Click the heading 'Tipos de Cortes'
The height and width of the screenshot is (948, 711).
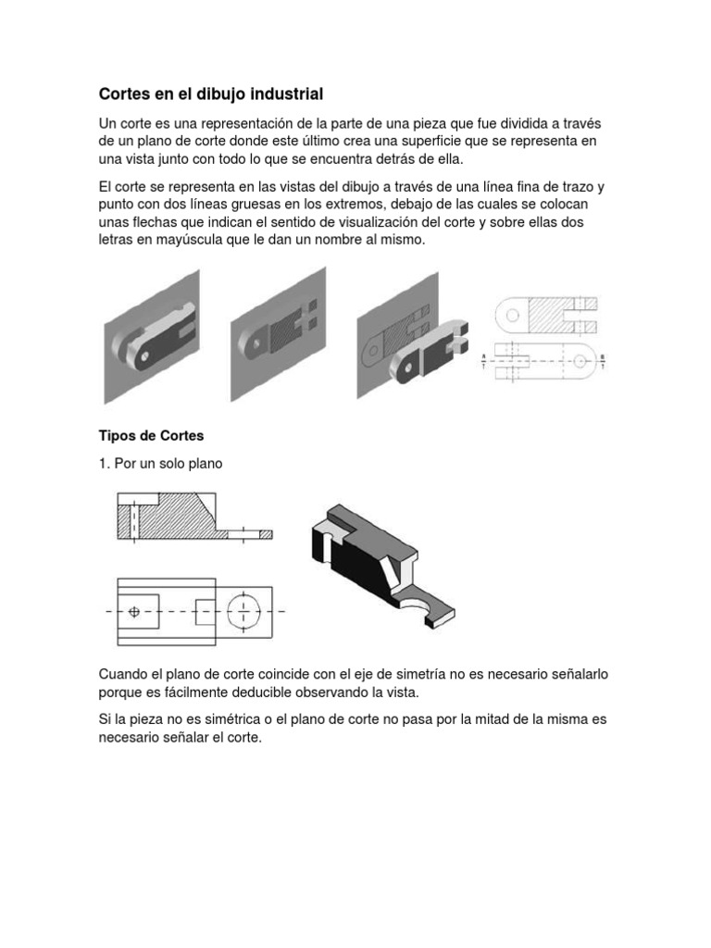click(151, 435)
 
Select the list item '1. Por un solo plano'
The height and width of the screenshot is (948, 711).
click(160, 463)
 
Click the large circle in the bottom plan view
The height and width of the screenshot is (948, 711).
click(243, 611)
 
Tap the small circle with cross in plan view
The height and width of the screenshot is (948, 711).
click(134, 611)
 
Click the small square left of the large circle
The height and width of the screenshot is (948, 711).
click(206, 611)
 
